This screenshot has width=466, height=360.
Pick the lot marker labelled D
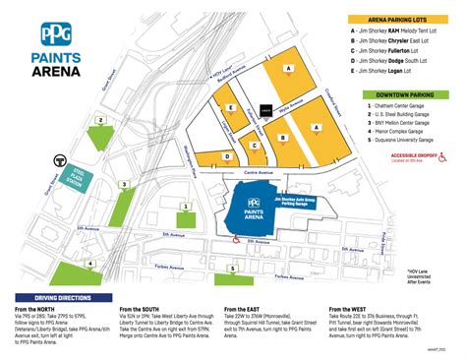pyautogui.click(x=227, y=155)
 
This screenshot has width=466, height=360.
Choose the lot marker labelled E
pyautogui.click(x=231, y=108)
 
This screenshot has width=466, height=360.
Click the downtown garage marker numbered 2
pyautogui.click(x=100, y=120)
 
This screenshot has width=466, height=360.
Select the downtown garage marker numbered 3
pyautogui.click(x=123, y=184)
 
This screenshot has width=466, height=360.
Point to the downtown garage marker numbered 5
pyautogui.click(x=232, y=267)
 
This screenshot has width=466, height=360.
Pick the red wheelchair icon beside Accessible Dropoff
pyautogui.click(x=442, y=155)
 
